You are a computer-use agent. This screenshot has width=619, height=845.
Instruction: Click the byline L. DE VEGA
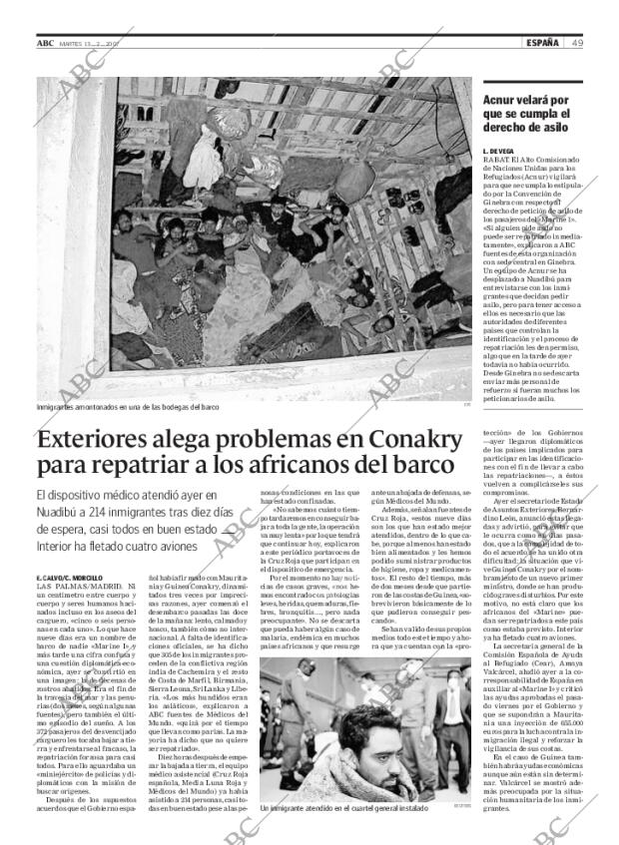tap(500, 149)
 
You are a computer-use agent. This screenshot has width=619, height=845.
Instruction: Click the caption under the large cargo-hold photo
tap(127, 407)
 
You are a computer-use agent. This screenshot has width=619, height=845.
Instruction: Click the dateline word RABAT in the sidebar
tap(496, 158)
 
